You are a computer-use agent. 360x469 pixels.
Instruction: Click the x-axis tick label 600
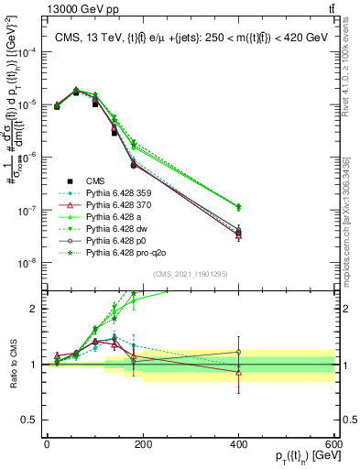pyautogui.click(x=334, y=444)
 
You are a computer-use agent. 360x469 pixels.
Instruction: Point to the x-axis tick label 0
pyautogui.click(x=46, y=444)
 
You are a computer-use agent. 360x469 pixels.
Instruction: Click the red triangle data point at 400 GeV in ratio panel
pyautogui.click(x=238, y=373)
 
